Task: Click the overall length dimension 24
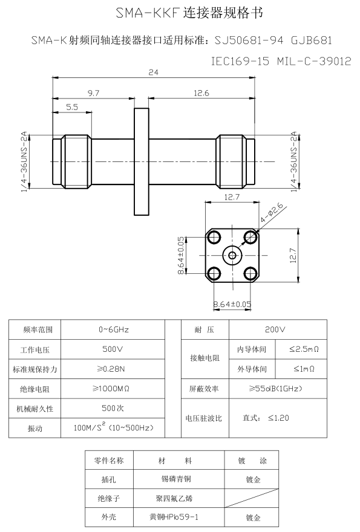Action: point(152,73)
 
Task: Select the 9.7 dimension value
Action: point(93,93)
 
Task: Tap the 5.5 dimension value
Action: point(71,107)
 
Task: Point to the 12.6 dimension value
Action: point(201,93)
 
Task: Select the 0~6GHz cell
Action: point(114,329)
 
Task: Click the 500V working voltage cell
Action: point(114,349)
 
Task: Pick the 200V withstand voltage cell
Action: point(275,329)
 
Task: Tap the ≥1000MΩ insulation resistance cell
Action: point(114,388)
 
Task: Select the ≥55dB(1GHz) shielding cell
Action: point(275,388)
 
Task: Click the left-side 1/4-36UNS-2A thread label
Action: point(25,162)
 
